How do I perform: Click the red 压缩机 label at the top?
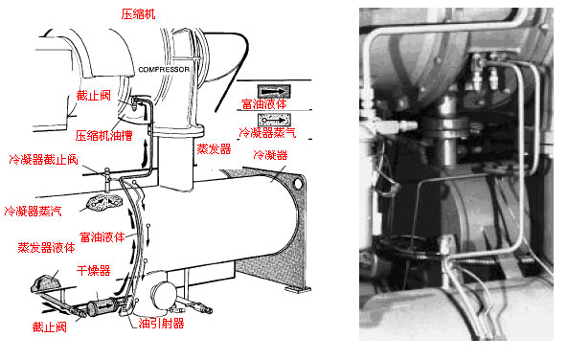pos(138,14)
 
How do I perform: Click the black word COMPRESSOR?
pos(164,69)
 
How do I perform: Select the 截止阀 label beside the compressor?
pos(93,95)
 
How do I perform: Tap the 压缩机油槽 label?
pos(104,135)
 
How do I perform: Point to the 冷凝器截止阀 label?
pos(43,159)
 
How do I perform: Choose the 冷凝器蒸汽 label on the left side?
pos(33,211)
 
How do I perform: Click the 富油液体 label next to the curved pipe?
pos(102,236)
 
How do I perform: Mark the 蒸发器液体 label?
pos(46,247)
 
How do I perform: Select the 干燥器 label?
pos(93,270)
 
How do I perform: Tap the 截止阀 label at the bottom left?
pos(50,327)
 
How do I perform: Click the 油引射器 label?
pos(161,323)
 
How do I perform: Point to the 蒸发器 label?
pos(214,148)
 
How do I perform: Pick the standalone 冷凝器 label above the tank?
pos(270,155)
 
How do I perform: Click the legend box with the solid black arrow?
pos(274,91)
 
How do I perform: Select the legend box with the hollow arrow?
pos(274,120)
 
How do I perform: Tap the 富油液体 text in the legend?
pos(264,104)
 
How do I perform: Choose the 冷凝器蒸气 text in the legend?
pos(267,132)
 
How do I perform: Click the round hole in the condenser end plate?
pos(298,184)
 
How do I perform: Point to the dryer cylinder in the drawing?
pos(102,306)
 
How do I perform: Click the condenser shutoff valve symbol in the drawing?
pos(107,179)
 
